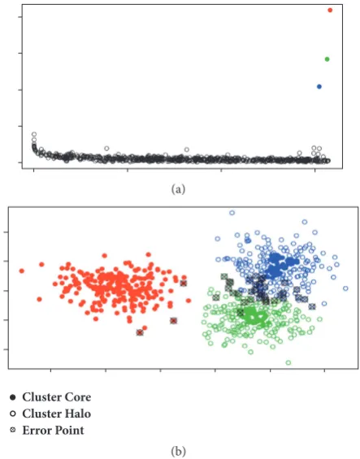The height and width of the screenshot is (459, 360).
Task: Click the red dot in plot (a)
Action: point(330,11)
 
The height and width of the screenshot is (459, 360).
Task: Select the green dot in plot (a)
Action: point(327,59)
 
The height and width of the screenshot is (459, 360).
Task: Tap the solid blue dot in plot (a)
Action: point(319,87)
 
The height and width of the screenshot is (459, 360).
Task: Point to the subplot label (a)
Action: point(178,189)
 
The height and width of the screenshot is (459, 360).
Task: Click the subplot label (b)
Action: point(178,451)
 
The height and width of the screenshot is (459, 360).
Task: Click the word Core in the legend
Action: point(77,397)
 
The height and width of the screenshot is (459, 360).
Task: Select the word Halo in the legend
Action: point(77,414)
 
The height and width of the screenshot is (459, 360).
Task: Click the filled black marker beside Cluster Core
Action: point(12,397)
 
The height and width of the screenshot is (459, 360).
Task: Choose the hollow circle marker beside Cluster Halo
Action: point(12,414)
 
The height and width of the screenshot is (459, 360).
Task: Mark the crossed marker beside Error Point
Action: point(12,431)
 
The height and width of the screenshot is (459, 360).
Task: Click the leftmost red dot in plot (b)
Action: point(22,271)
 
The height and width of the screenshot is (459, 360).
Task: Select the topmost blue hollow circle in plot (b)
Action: point(232,213)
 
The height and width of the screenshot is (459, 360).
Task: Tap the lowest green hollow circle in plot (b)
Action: point(288,362)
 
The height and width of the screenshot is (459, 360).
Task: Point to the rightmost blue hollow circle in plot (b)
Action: point(345,288)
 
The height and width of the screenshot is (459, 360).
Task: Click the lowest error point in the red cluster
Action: point(140,332)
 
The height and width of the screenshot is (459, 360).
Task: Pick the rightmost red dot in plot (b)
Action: point(189,301)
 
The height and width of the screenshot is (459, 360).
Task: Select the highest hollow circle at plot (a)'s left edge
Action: point(34,134)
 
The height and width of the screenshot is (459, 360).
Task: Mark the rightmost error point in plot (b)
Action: point(312,306)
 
